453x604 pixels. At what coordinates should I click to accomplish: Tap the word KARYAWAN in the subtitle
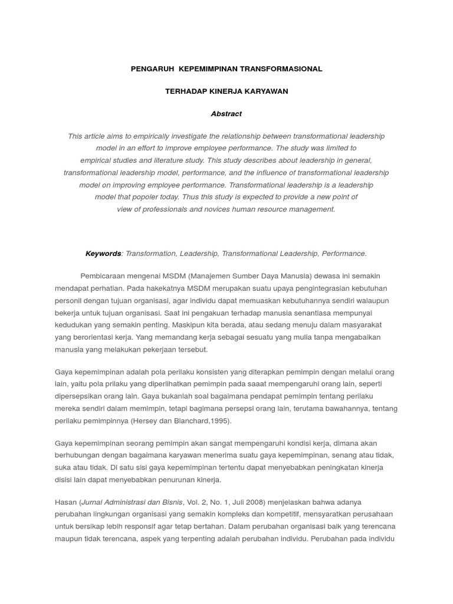click(x=267, y=91)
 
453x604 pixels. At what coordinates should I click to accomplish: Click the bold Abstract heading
click(x=226, y=114)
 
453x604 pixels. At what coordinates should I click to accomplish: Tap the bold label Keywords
click(x=103, y=254)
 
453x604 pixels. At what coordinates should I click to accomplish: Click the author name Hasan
click(x=65, y=502)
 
